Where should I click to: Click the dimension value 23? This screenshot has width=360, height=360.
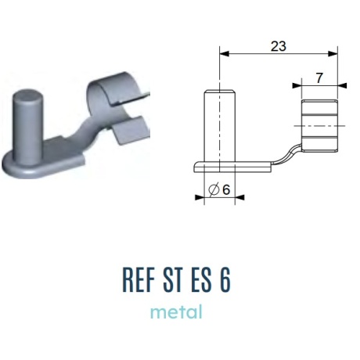[x=279, y=46]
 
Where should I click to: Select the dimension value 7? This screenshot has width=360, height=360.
[x=319, y=78]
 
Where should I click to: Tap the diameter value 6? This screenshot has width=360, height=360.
[x=226, y=189]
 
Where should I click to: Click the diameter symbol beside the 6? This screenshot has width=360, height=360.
[x=214, y=189]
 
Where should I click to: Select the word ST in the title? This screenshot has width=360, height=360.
[x=172, y=280]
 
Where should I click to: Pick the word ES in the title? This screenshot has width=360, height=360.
[x=201, y=280]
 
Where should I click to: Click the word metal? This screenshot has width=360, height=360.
[x=176, y=312]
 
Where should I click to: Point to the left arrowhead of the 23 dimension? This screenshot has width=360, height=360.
[x=225, y=54]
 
